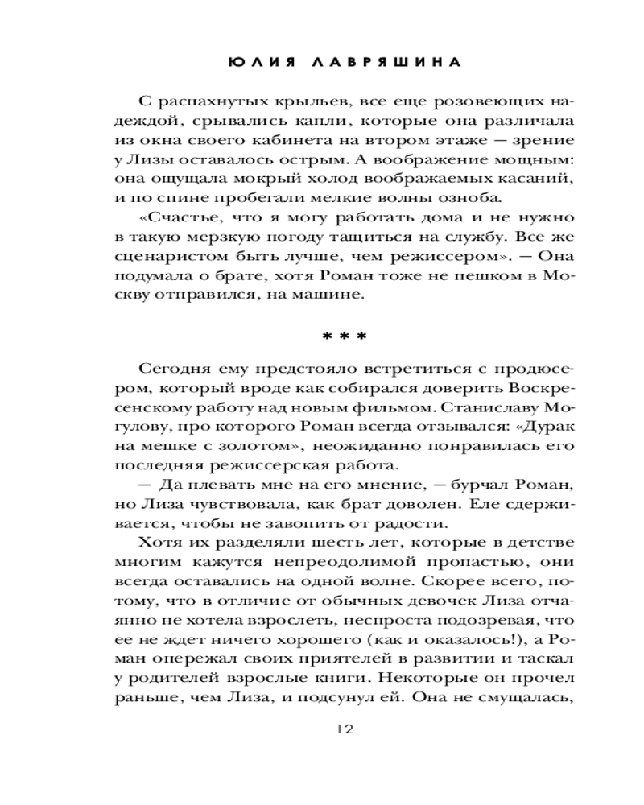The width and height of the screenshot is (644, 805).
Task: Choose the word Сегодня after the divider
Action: (x=177, y=369)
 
